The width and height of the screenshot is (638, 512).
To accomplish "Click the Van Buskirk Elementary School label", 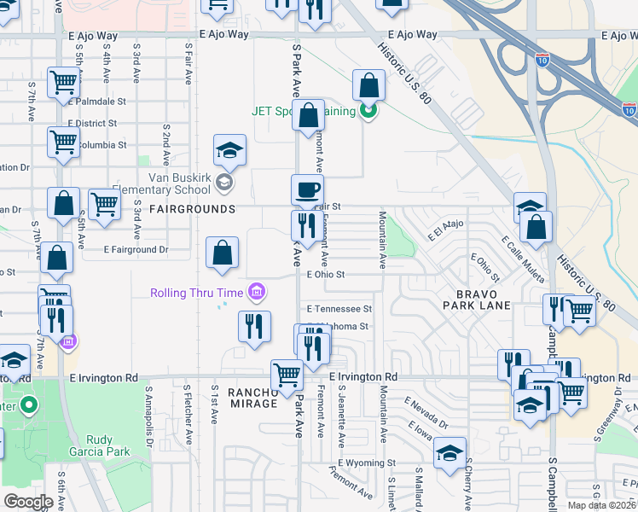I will (x=178, y=183).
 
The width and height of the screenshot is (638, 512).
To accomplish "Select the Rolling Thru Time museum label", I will (x=197, y=293).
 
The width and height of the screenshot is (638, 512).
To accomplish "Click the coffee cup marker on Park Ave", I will (x=307, y=190).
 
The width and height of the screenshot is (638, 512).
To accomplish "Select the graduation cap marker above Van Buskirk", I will (x=229, y=151).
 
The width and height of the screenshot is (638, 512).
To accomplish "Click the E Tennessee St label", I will (x=339, y=309).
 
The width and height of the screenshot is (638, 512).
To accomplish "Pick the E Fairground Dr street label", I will (x=136, y=250).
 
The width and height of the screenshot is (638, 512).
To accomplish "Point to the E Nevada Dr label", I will (x=426, y=413).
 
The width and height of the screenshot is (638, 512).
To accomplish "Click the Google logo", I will (x=28, y=502).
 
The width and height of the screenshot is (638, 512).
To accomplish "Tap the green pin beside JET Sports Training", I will (x=368, y=110).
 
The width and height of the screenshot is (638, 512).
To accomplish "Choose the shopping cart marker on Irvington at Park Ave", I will (x=287, y=375).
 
